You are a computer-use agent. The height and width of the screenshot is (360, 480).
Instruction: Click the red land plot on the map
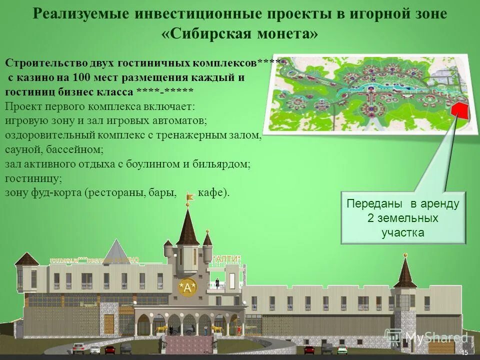(459, 110)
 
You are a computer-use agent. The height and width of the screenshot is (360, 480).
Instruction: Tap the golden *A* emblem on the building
(187, 286)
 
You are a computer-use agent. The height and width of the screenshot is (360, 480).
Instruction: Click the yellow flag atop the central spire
(190, 197)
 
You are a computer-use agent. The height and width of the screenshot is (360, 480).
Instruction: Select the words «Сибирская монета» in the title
(239, 34)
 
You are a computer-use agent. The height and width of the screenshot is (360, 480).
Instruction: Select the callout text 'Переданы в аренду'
(402, 204)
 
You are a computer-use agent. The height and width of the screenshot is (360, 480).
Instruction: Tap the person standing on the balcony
(217, 281)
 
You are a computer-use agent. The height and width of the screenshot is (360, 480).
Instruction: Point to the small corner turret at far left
(26, 259)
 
